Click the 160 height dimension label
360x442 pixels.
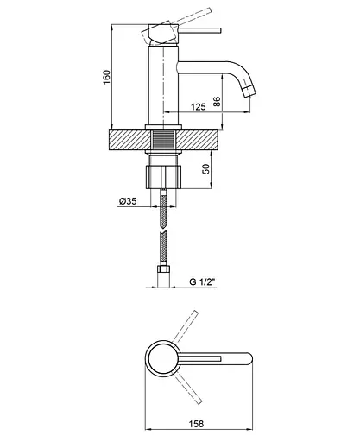point(106,77)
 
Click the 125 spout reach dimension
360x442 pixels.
point(199,107)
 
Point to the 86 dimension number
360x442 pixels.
point(217,101)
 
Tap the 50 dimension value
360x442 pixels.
point(206,168)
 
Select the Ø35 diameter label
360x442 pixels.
point(128,201)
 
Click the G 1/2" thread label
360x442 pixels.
point(203,281)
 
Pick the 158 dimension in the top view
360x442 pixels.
point(196,424)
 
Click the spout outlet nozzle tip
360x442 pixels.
point(249,92)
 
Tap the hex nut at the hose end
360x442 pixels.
point(163,270)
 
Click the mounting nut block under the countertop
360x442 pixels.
point(164,177)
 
